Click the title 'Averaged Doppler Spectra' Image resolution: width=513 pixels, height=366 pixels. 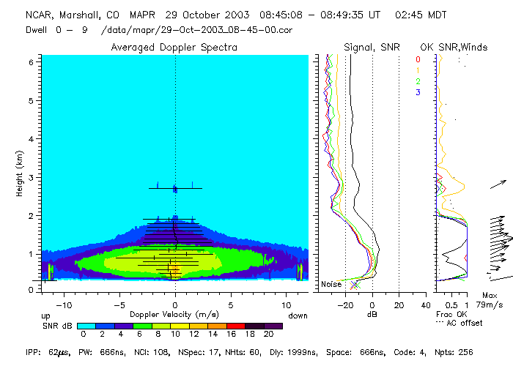pos(174,48)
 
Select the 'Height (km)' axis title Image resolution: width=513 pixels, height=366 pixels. pos(17,174)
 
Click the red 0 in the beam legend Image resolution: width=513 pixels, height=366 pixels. pos(418,59)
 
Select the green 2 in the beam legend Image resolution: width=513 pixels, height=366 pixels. pos(418,81)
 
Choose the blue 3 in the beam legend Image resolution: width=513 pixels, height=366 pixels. pos(418,92)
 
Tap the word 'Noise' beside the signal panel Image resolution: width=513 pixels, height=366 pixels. pos(331,284)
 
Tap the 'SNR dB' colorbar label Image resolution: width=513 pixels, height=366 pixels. pos(55,325)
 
